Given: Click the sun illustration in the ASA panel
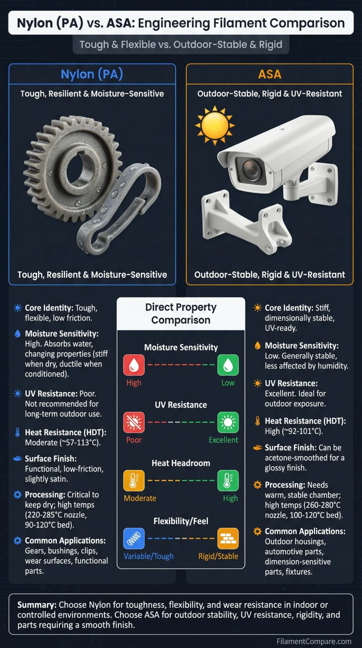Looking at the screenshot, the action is pyautogui.click(x=215, y=125).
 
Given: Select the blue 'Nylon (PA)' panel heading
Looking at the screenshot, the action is pyautogui.click(x=92, y=74).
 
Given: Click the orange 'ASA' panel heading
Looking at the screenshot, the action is pyautogui.click(x=270, y=74).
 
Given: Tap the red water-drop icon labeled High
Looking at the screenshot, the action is pyautogui.click(x=134, y=365).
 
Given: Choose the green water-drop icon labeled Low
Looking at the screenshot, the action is pyautogui.click(x=228, y=365).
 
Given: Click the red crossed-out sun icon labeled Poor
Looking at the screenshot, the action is pyautogui.click(x=134, y=422).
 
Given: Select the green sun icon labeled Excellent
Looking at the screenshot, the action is pyautogui.click(x=228, y=422).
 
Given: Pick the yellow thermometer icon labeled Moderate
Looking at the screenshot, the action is pyautogui.click(x=134, y=481).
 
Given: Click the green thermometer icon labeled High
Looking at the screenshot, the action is pyautogui.click(x=228, y=481).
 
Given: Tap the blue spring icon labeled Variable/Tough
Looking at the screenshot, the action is pyautogui.click(x=134, y=538).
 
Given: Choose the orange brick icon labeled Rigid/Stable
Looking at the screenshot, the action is pyautogui.click(x=228, y=538).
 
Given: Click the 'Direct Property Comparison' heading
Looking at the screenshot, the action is pyautogui.click(x=181, y=314).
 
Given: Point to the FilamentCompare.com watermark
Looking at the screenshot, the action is pyautogui.click(x=314, y=641).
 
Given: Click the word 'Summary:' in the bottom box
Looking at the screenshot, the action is pyautogui.click(x=37, y=605).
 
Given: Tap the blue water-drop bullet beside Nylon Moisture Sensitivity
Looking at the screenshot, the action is pyautogui.click(x=17, y=333).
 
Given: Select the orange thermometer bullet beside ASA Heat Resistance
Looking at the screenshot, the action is pyautogui.click(x=257, y=421).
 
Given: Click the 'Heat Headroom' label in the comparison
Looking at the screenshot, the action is pyautogui.click(x=181, y=463).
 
